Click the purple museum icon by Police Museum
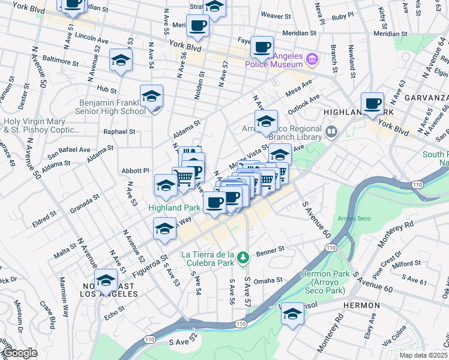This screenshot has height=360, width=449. [x=312, y=59]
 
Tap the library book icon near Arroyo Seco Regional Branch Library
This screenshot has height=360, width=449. [x=331, y=131]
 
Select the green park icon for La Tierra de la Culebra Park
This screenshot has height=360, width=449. [x=243, y=258]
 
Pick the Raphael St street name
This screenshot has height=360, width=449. [x=119, y=131]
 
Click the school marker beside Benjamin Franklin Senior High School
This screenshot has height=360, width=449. [x=151, y=96]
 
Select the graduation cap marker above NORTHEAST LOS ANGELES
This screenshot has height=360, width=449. [x=106, y=280]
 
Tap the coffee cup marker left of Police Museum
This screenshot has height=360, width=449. [x=261, y=46]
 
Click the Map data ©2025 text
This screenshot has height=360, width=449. [x=423, y=355]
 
